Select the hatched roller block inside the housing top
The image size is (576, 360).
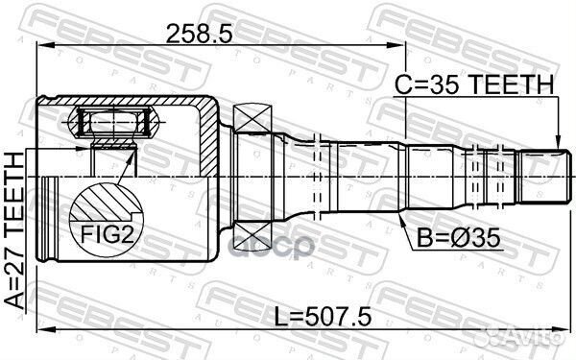pos(113,123)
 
